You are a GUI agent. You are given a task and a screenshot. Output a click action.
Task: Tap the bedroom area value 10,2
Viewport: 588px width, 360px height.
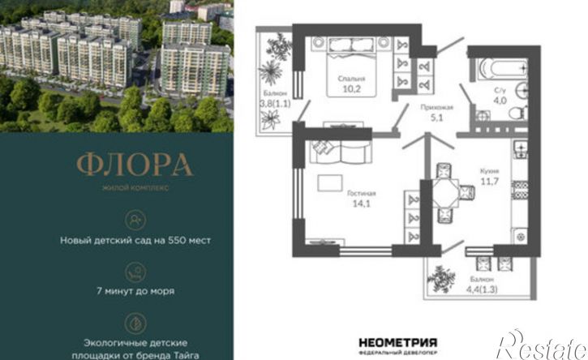click(341, 90)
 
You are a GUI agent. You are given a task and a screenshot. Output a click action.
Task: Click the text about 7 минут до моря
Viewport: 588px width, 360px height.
click(135, 290)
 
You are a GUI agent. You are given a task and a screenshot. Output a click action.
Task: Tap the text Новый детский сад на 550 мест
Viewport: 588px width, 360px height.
click(135, 240)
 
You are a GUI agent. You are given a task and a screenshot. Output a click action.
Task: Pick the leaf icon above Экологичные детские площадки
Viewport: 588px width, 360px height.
click(135, 317)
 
